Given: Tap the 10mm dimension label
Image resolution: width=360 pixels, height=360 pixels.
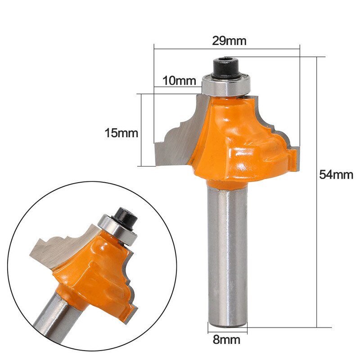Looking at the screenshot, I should click(x=180, y=81).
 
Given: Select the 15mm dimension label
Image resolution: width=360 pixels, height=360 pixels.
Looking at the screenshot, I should click(x=121, y=134).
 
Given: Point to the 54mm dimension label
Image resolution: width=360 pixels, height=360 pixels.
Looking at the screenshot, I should click(x=336, y=175).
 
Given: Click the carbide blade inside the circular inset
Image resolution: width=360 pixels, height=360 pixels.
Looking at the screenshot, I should click(x=58, y=250).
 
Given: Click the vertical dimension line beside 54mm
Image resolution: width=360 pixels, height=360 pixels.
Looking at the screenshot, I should click(x=318, y=189).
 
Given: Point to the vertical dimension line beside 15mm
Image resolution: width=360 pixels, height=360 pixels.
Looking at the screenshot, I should click(x=142, y=130).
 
